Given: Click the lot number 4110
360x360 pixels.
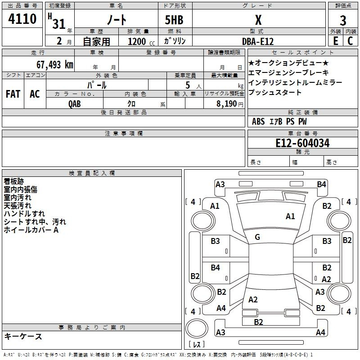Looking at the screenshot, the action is tap(22, 19).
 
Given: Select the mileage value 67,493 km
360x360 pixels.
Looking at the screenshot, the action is tap(55, 65).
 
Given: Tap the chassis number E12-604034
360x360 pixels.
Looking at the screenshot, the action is tap(302, 143).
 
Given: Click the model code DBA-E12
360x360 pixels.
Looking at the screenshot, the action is tap(258, 41).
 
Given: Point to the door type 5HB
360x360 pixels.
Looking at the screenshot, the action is tap(174, 20).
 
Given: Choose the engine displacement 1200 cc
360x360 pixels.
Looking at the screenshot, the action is tap(141, 41).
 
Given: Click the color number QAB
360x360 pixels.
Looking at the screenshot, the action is tap(74, 104).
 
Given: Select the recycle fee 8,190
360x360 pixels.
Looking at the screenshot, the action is tap(227, 104).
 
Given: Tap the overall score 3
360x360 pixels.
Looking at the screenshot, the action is tap(343, 21).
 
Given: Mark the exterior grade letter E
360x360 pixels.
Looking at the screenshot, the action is tap(336, 41).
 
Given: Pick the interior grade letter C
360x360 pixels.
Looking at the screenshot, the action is tap(350, 41).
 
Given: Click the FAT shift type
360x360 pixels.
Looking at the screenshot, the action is tap(13, 94).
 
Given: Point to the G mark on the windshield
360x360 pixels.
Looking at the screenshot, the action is tap(257, 237).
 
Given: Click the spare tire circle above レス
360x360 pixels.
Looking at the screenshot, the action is tap(197, 328).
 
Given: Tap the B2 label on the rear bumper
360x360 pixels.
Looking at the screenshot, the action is tap(258, 322).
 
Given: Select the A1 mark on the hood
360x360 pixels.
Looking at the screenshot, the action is tap(290, 216).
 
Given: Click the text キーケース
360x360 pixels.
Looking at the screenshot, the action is tap(23, 336).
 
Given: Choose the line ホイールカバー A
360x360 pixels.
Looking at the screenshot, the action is tap(31, 230).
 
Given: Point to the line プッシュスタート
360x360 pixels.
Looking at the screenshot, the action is tap(275, 92).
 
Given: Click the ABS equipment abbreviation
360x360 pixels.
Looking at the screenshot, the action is tap(258, 121).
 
